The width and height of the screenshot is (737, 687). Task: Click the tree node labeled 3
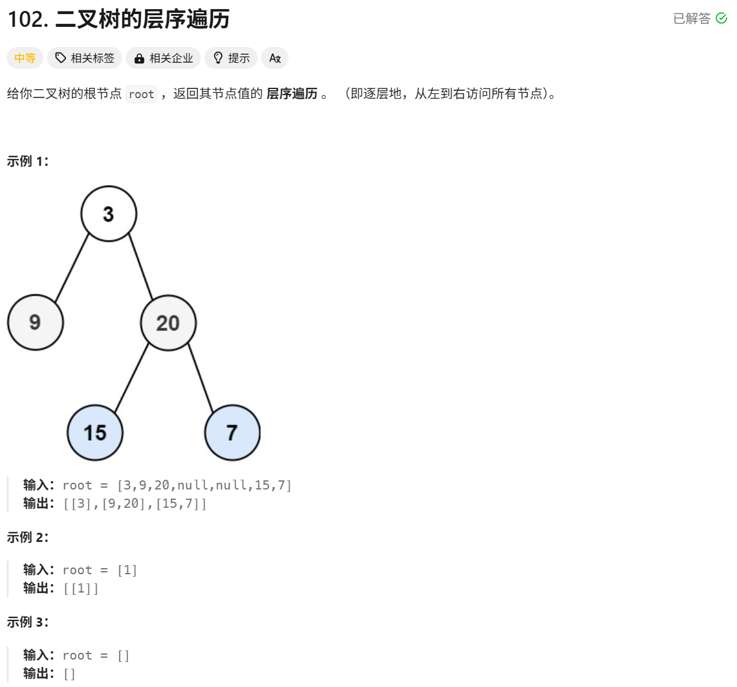[109, 214]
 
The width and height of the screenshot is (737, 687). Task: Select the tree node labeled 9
[35, 322]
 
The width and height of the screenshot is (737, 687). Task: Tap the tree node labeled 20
[168, 323]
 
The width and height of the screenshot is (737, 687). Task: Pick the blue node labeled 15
[95, 433]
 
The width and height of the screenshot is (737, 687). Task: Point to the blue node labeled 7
[232, 433]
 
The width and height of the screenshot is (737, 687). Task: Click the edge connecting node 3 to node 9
[72, 268]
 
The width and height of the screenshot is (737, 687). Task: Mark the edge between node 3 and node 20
[141, 268]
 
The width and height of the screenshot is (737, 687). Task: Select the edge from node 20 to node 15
[132, 378]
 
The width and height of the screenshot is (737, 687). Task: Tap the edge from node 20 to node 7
[201, 378]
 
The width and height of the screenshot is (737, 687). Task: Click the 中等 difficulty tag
[25, 58]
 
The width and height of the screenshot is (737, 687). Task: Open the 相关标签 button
[85, 58]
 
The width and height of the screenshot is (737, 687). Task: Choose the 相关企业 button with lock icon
[164, 58]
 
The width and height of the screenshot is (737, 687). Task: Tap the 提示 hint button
[231, 58]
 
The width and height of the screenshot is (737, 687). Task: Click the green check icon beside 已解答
[721, 18]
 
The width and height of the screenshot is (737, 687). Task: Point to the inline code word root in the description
[142, 94]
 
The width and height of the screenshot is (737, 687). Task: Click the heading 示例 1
[27, 162]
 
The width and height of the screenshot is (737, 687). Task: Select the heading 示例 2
[27, 538]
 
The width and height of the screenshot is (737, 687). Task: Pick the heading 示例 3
[27, 622]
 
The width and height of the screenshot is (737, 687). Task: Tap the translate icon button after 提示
[275, 58]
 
